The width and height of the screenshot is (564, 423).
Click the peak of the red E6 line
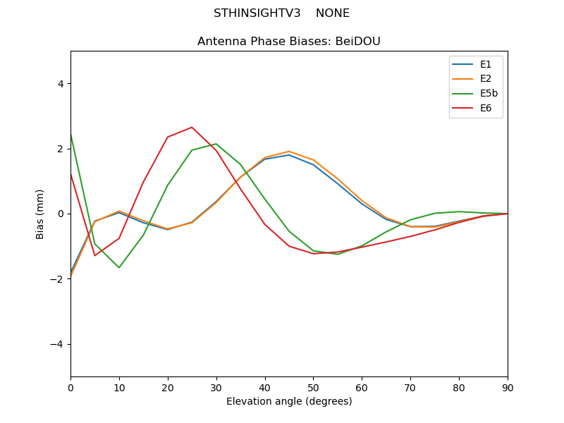[x=192, y=128]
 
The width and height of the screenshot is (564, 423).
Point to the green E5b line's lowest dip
[x=119, y=267]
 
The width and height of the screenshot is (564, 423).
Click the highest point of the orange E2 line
[x=289, y=152]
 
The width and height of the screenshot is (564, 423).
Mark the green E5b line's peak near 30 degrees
[x=216, y=144]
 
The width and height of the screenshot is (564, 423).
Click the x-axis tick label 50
[x=313, y=388]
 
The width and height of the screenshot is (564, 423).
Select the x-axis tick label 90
[x=508, y=388]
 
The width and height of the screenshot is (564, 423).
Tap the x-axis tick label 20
[x=168, y=388]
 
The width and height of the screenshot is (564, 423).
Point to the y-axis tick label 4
[x=60, y=84]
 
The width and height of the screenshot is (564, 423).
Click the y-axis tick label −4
[x=57, y=344]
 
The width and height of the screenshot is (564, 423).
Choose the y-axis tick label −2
[x=57, y=279]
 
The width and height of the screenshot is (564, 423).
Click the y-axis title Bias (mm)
[x=41, y=214]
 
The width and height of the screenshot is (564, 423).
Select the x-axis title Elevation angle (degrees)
[x=289, y=402]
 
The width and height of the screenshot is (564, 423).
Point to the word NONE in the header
[x=333, y=13]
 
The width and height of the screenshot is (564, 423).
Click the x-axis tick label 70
[x=410, y=388]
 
